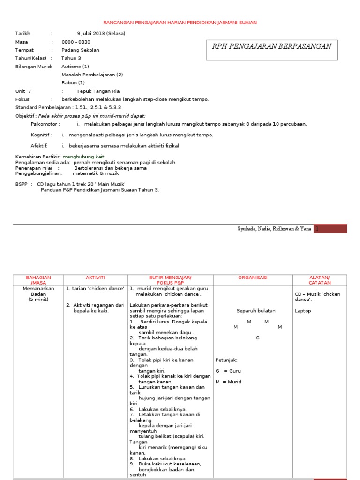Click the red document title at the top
tap(180, 22)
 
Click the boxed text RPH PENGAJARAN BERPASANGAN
tap(272, 46)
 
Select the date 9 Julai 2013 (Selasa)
tap(101, 34)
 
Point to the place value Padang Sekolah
tap(80, 50)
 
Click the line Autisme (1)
tap(75, 67)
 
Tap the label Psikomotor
tap(45, 124)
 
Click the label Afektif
tap(39, 146)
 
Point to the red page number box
tap(330, 229)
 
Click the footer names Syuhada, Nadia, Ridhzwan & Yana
tap(274, 229)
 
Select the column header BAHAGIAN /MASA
tap(38, 280)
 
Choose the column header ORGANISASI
tap(252, 278)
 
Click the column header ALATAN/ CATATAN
tap(320, 280)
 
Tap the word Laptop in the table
tap(302, 311)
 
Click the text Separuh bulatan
tap(256, 311)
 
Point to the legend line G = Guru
tap(228, 371)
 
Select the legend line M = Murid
tap(229, 382)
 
